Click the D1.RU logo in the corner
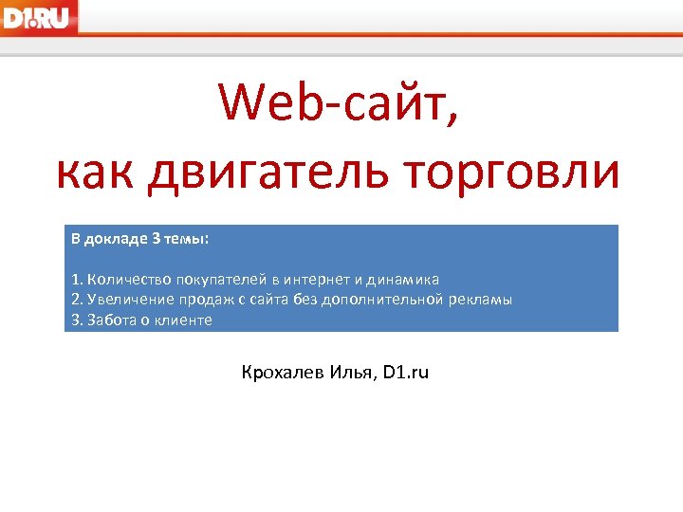39,16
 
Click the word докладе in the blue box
116,239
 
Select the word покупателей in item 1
216,280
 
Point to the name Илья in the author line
354,373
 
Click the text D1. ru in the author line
407,373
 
